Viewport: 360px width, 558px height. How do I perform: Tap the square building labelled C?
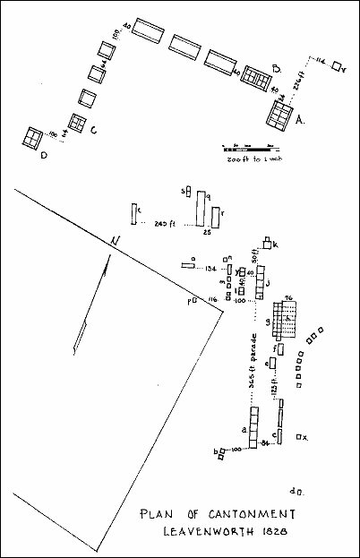[x=78, y=121]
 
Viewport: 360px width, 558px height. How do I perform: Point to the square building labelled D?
[x=36, y=138]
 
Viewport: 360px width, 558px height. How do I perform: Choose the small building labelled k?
[x=268, y=244]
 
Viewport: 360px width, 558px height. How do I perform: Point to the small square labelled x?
[x=299, y=436]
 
